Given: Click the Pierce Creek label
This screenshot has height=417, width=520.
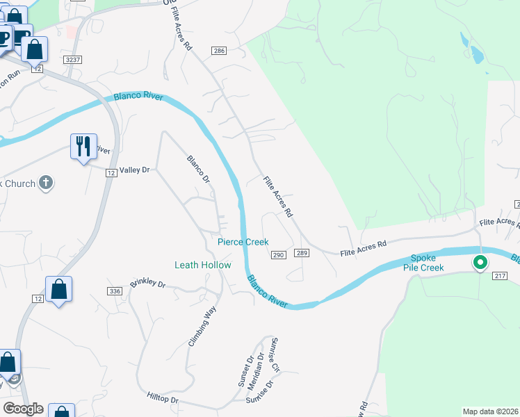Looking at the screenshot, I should [243, 242].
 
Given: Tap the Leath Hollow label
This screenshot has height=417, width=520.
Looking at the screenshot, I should [202, 265].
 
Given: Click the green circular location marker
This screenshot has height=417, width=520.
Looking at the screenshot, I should [480, 263].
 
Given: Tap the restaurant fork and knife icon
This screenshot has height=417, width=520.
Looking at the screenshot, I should [83, 147].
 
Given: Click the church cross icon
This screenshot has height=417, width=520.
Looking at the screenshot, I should [46, 183].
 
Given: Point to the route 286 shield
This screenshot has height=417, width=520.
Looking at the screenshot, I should [220, 51].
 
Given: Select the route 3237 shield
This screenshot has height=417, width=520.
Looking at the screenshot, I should [73, 60].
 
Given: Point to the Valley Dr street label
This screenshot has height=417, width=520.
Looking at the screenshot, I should [135, 170].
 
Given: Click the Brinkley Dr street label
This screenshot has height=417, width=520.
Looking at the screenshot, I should [147, 284].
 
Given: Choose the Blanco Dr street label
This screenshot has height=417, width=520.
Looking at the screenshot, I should [198, 169].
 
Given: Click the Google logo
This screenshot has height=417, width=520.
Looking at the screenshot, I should [23, 409].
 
